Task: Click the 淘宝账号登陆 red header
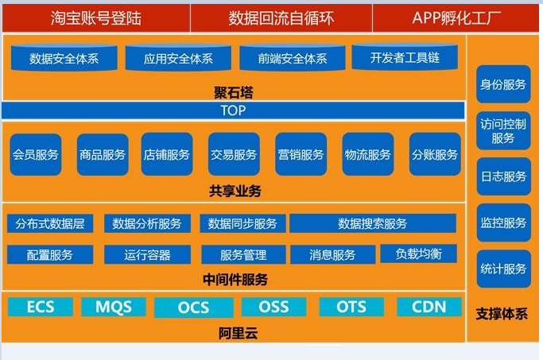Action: point(96,18)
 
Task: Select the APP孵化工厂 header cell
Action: point(456,18)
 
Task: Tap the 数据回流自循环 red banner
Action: point(281,18)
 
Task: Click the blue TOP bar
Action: point(233,110)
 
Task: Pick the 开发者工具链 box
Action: point(405,57)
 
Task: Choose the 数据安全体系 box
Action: point(64,58)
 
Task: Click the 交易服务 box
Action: point(234,154)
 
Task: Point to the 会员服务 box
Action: point(36,154)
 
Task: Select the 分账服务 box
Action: point(435,154)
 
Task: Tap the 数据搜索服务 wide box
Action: point(373,223)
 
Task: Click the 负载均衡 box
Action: point(419,254)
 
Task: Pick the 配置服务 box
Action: point(50,255)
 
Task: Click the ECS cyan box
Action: point(41,307)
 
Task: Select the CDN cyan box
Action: point(429,307)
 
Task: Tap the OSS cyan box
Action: point(273,307)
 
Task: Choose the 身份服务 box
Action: point(503,84)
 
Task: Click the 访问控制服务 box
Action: point(503,131)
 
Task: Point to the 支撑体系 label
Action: point(502,314)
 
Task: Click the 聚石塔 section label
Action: point(234,92)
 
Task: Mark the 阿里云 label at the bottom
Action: point(238,333)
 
